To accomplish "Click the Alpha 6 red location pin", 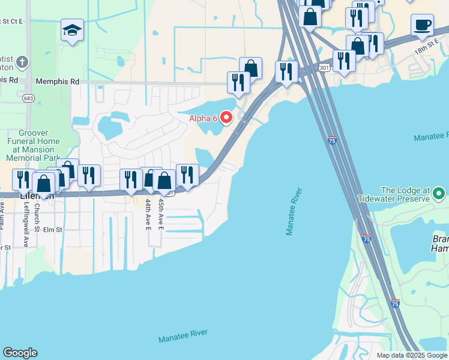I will click(226, 117).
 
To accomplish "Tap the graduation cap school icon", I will click(72, 30).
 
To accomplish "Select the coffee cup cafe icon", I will click(422, 25).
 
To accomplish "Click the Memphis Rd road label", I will click(57, 81).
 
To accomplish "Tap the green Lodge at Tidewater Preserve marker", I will click(439, 194).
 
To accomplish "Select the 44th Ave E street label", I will click(148, 215).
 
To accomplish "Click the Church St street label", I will click(37, 217).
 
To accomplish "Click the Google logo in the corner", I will click(20, 353).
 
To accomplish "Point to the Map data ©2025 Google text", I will click(411, 355).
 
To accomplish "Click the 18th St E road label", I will click(427, 49).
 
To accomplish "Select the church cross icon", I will click(22, 62).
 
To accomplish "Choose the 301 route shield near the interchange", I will click(324, 67).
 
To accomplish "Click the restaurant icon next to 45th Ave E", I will click(187, 175).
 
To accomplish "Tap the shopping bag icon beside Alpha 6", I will click(250, 68).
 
